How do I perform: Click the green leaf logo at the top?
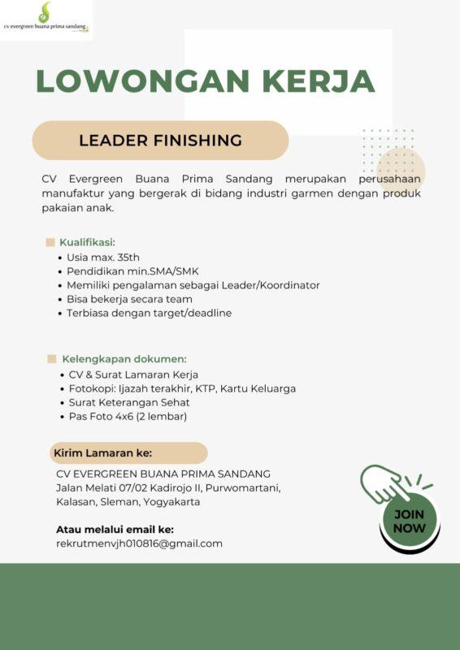45,12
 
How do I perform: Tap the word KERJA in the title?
319,81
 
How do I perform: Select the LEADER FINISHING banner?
160,141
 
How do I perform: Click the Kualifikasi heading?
87,242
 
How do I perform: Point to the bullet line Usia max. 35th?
103,257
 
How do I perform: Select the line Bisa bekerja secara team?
129,299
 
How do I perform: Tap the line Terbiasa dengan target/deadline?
149,313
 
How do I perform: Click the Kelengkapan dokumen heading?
124,359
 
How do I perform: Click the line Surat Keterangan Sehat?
129,402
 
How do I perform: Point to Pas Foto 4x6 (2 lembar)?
128,416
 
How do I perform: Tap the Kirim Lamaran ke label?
102,453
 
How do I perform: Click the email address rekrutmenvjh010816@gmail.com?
139,544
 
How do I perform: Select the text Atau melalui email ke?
115,529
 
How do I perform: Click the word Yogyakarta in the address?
171,502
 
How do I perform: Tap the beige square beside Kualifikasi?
50,242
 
